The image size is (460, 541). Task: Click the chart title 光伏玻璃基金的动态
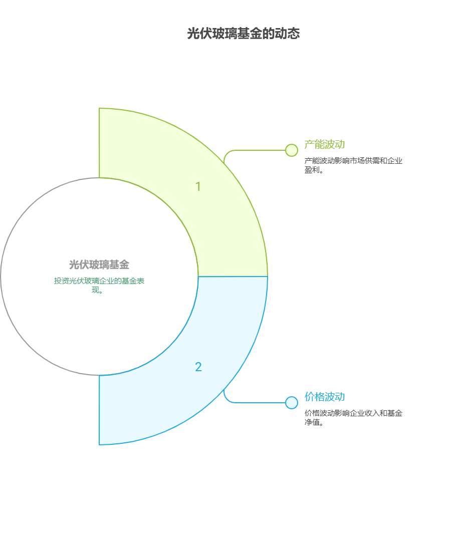[244, 34]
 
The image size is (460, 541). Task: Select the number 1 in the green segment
[198, 187]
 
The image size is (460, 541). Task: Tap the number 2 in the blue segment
[198, 367]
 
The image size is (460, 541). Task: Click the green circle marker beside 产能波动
[292, 150]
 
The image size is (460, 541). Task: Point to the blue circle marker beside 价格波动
[292, 403]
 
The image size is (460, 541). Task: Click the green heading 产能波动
[324, 144]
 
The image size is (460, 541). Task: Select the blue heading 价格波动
[324, 397]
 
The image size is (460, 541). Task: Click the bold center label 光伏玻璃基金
[99, 264]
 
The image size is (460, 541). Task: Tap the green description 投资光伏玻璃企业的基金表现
[99, 286]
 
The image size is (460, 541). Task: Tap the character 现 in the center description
[96, 290]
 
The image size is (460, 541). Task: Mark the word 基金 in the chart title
[250, 34]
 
